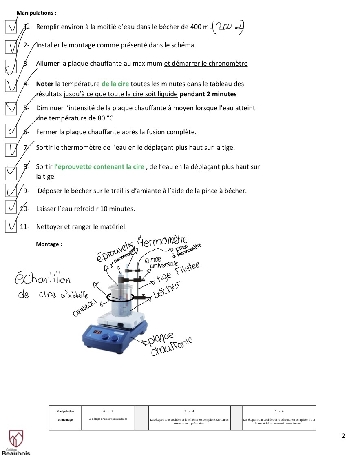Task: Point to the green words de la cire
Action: coord(115,84)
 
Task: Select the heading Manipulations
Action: coord(36,13)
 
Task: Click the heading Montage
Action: coord(49,244)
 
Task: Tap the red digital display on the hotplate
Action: coord(97,333)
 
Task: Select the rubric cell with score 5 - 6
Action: coord(279,417)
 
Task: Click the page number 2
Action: coord(343,436)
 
